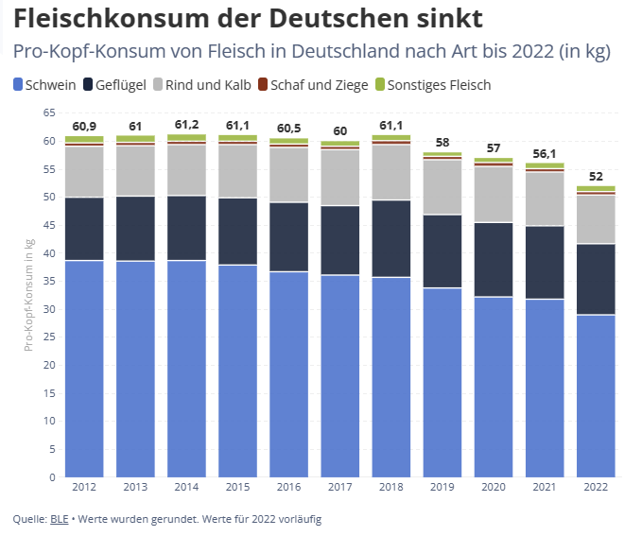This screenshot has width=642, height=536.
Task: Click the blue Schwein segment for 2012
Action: point(84,369)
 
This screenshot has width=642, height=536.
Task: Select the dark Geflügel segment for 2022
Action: point(596,279)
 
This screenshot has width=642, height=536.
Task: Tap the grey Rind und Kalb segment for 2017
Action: point(339,178)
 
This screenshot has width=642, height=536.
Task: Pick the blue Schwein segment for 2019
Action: point(442,383)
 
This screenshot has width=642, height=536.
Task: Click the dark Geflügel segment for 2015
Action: point(237,231)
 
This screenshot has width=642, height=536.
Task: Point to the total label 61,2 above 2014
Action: point(186,125)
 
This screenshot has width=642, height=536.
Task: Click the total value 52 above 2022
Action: point(596,175)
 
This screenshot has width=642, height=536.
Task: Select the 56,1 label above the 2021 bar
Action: point(545,152)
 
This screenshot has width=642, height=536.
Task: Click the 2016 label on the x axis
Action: point(288,488)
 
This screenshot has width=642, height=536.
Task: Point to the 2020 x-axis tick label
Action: point(494,488)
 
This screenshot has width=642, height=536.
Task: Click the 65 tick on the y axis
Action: point(50,112)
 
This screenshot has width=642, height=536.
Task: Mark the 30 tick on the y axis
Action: point(50,309)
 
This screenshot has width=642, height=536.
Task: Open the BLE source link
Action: point(58,519)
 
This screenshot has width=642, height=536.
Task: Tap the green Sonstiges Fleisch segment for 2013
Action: point(135,139)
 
